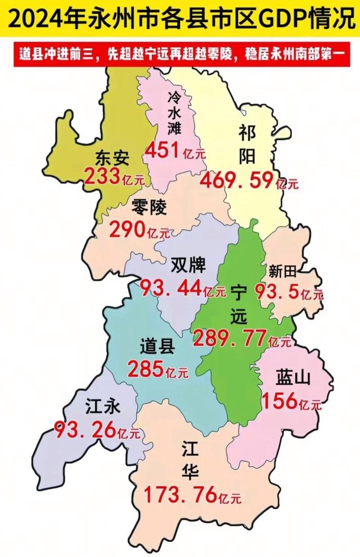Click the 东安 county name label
point(112,158)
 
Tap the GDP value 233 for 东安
point(102,176)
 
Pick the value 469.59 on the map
point(237,180)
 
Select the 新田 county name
point(282,272)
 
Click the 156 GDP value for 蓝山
point(280,400)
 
